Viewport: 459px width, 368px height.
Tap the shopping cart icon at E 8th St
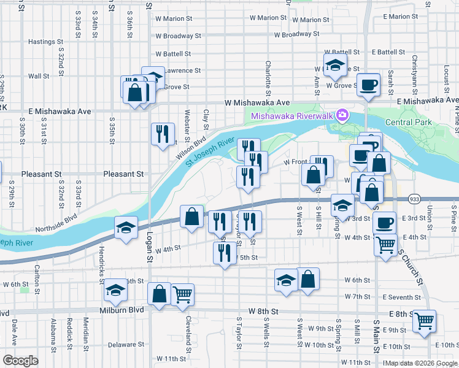(x=423, y=321)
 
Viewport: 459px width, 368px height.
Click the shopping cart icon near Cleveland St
(x=182, y=295)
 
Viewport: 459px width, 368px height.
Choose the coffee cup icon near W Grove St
(x=368, y=84)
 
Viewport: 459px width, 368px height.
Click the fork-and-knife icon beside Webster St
(x=163, y=133)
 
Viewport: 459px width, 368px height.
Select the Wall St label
(x=39, y=76)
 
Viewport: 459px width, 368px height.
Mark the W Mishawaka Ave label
(x=257, y=102)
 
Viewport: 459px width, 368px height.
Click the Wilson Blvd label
(x=190, y=147)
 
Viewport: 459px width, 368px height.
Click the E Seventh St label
(x=400, y=297)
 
